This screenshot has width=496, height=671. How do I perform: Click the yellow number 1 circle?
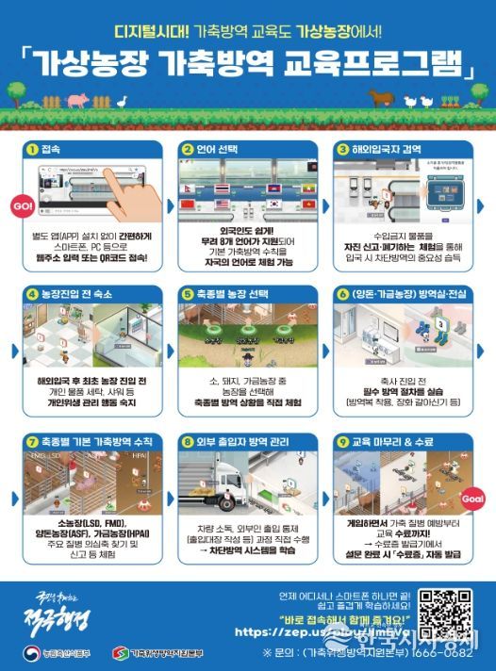31,149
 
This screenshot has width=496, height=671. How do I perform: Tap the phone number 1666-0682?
442,650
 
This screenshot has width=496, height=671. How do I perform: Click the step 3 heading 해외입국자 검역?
386,149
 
